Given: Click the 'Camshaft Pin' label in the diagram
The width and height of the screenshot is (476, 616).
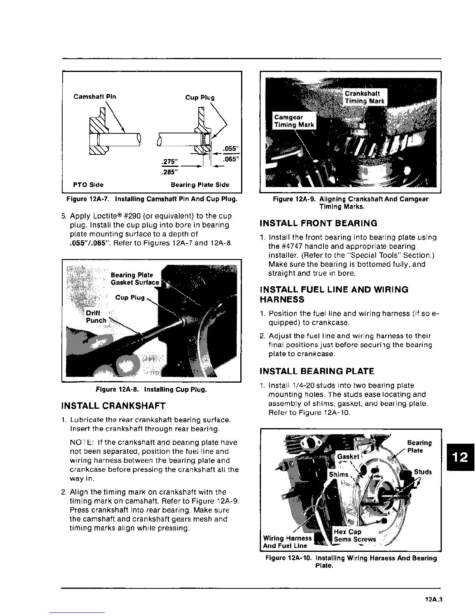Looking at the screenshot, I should (94, 96).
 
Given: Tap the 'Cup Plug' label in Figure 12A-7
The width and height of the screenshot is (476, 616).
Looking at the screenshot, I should (199, 97).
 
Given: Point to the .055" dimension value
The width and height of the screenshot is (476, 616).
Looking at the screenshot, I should (231, 149).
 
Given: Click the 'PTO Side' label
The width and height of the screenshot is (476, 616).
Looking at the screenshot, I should (88, 185).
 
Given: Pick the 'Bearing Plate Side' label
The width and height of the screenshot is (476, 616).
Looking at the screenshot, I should (200, 185).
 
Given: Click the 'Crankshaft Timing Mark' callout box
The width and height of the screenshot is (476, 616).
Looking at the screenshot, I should (364, 97).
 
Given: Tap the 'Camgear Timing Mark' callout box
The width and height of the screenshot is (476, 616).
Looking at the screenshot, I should (294, 121).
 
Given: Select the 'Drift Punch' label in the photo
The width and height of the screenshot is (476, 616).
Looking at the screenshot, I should (95, 317).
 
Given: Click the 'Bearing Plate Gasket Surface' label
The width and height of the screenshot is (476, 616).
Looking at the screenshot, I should (135, 279).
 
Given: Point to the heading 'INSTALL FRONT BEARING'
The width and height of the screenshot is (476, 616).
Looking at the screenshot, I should (318, 223).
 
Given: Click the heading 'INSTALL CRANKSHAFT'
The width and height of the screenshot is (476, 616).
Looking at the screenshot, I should (114, 406).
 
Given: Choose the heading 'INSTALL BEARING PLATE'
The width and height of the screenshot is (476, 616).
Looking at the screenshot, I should (317, 371).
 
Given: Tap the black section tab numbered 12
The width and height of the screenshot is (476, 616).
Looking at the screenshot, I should (461, 457).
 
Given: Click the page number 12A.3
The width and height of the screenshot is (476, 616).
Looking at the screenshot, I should (434, 600).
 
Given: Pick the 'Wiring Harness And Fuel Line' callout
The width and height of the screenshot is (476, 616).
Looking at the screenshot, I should (287, 542).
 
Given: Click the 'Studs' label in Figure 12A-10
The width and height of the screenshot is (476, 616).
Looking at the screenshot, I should (423, 472).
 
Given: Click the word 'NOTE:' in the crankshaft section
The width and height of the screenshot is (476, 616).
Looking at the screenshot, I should (81, 443).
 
